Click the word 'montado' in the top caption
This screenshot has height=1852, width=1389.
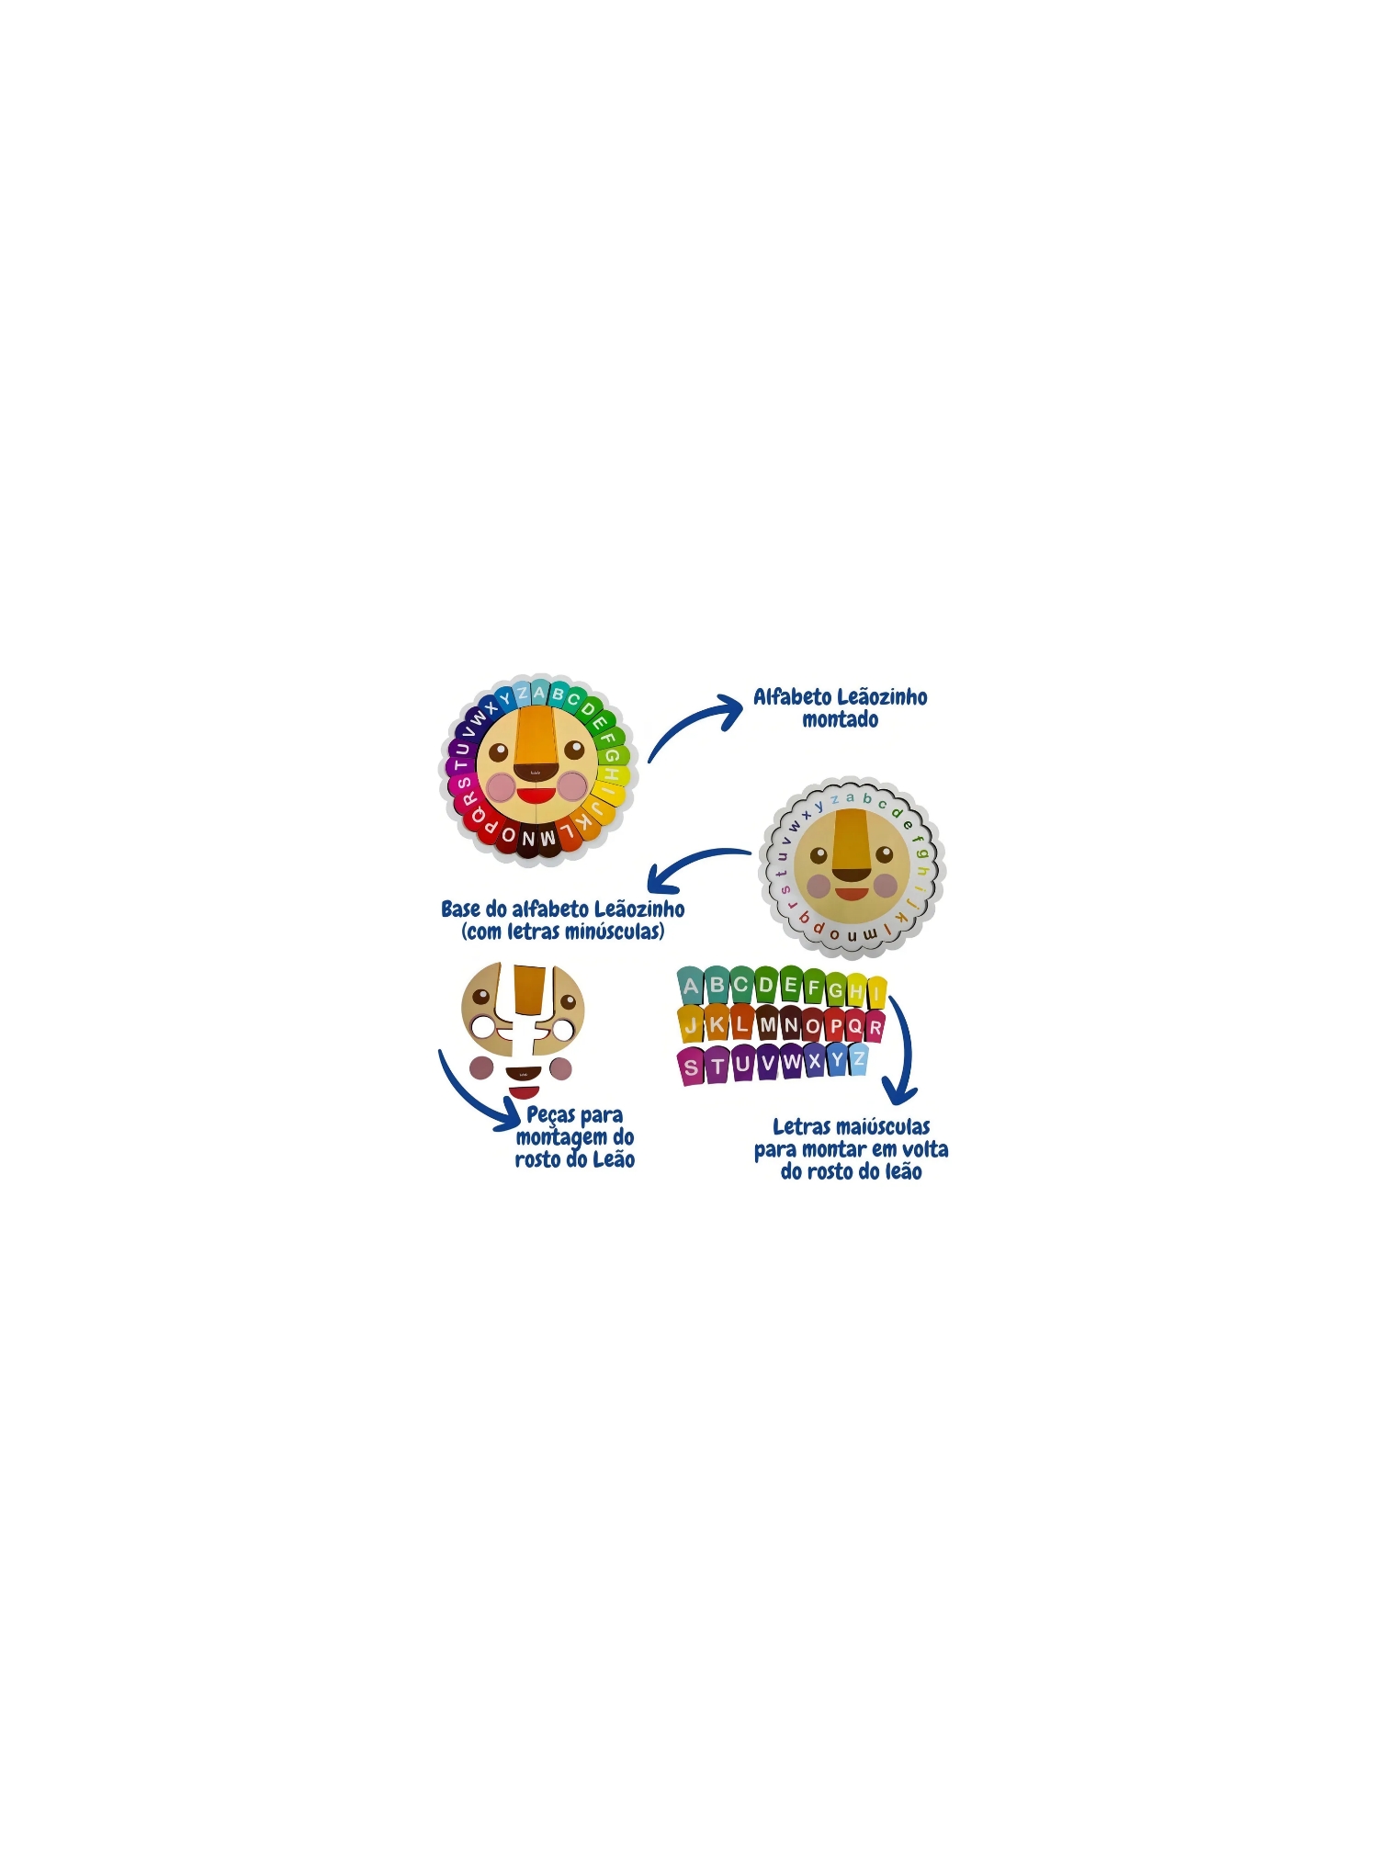click(x=840, y=720)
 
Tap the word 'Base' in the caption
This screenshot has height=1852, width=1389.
click(x=460, y=909)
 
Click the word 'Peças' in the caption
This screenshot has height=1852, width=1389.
click(x=550, y=1116)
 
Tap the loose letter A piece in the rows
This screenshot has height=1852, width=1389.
click(x=690, y=987)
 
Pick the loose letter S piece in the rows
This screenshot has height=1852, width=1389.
click(x=691, y=1067)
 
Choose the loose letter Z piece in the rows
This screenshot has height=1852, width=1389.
click(x=858, y=1060)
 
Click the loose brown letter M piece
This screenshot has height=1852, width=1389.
click(x=767, y=1024)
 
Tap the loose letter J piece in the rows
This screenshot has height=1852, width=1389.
click(x=691, y=1025)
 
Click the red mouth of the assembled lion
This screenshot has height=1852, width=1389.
click(x=535, y=795)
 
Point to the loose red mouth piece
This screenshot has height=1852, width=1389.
click(x=524, y=1092)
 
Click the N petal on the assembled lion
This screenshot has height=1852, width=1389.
click(x=527, y=839)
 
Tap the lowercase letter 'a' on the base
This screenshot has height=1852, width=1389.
click(x=851, y=797)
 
